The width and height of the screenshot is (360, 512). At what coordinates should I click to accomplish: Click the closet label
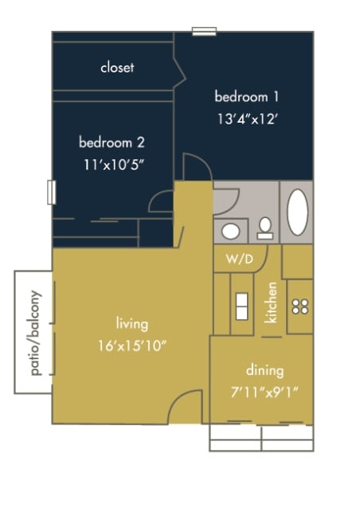(x=117, y=68)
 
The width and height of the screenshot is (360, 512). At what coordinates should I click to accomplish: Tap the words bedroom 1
(x=246, y=97)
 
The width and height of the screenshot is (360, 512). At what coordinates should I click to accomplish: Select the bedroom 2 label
(x=112, y=143)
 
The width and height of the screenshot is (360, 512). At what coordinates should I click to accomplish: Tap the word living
(x=132, y=324)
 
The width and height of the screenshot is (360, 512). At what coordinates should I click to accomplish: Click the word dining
(x=264, y=370)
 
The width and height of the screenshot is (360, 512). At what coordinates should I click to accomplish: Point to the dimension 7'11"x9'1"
(x=264, y=392)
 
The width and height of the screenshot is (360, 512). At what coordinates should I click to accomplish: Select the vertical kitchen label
(x=272, y=303)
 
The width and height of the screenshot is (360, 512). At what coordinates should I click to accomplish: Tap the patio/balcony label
(x=34, y=331)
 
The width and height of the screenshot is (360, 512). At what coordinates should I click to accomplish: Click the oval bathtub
(x=297, y=212)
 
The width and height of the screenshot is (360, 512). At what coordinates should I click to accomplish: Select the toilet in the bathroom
(x=264, y=229)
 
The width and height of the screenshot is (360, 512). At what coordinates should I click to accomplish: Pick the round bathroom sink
(x=231, y=232)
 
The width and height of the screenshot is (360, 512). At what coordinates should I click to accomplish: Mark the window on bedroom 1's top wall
(x=204, y=32)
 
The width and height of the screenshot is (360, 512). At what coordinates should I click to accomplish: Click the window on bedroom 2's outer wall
(x=52, y=192)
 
